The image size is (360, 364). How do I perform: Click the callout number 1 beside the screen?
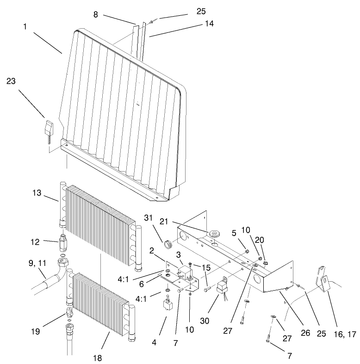24,27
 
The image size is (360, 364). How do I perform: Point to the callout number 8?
95,15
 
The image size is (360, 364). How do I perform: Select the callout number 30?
217,320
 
